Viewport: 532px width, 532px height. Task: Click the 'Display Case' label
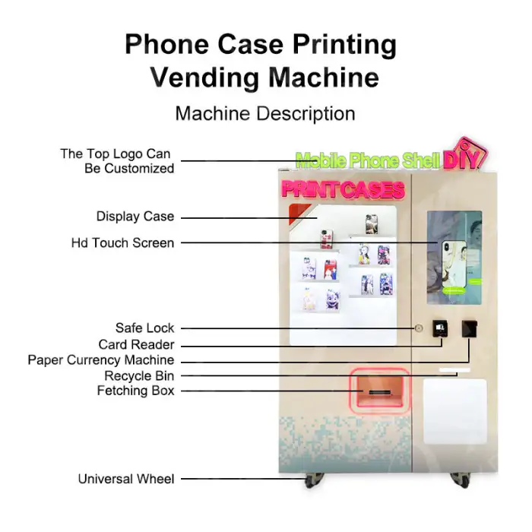click(x=135, y=217)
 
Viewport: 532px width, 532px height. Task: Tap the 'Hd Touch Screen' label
click(x=122, y=243)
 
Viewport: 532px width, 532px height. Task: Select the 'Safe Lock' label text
click(x=144, y=328)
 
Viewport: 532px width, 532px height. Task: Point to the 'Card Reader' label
click(x=136, y=344)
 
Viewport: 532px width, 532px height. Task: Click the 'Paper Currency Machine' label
click(x=100, y=360)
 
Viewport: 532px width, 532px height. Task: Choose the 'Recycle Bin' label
click(x=139, y=375)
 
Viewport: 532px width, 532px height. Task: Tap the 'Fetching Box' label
click(x=135, y=391)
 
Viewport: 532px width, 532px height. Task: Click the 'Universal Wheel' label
click(x=125, y=480)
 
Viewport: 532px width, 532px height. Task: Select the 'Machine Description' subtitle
click(x=265, y=114)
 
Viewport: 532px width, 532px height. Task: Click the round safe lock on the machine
click(x=419, y=328)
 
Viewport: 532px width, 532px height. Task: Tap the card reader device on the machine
click(x=440, y=328)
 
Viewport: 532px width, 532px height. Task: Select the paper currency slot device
click(x=470, y=328)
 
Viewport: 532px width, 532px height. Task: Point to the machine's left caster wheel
click(x=312, y=480)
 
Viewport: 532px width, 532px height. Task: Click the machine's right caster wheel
click(x=461, y=480)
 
